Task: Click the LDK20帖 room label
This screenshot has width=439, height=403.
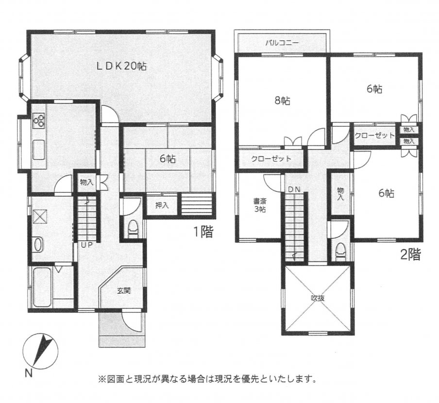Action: click(120, 66)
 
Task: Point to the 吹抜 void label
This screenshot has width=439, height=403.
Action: click(317, 299)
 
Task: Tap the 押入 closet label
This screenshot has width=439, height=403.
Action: click(162, 205)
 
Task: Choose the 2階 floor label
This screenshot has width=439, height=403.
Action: click(410, 254)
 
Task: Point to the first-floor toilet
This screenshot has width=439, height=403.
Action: click(133, 229)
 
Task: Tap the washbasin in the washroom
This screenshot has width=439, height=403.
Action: click(38, 244)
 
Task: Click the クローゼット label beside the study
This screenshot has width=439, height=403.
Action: click(271, 159)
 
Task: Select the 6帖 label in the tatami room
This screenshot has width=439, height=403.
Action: click(168, 158)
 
